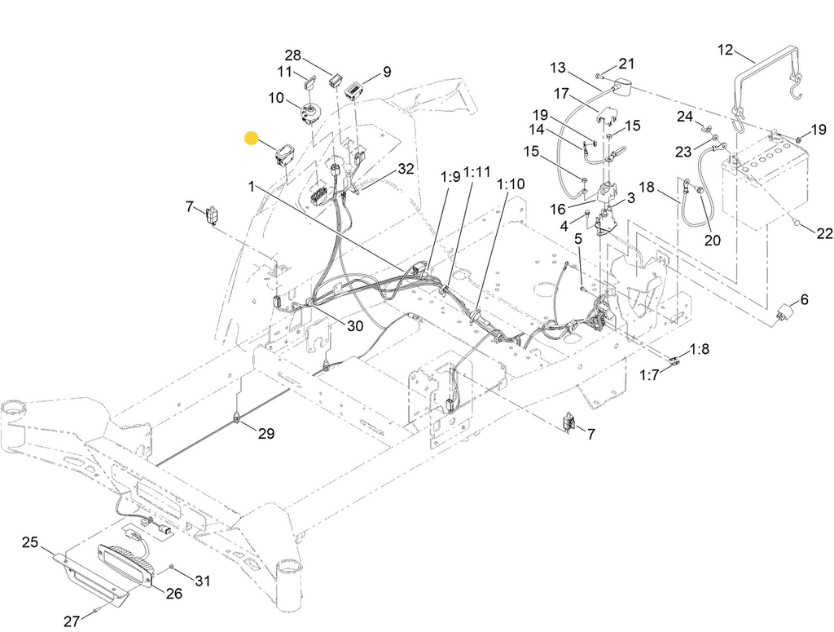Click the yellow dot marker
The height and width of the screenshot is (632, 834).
tap(252, 139)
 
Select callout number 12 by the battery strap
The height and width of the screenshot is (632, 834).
tap(725, 51)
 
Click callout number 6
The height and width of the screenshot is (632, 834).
tap(805, 300)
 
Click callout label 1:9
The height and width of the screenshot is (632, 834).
tap(450, 176)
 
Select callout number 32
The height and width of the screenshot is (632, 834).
tap(406, 170)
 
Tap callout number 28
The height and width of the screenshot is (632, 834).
tap(292, 55)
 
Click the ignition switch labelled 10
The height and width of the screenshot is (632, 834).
tap(311, 112)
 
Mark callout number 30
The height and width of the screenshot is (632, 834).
tap(354, 326)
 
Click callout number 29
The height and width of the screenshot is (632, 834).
tap(266, 434)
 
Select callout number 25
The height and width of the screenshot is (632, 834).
tap(30, 542)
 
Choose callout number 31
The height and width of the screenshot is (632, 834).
tap(203, 581)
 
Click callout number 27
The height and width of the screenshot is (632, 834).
tap(71, 621)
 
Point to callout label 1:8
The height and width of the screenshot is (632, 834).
tap(699, 350)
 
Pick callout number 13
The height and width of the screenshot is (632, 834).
tap(557, 67)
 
